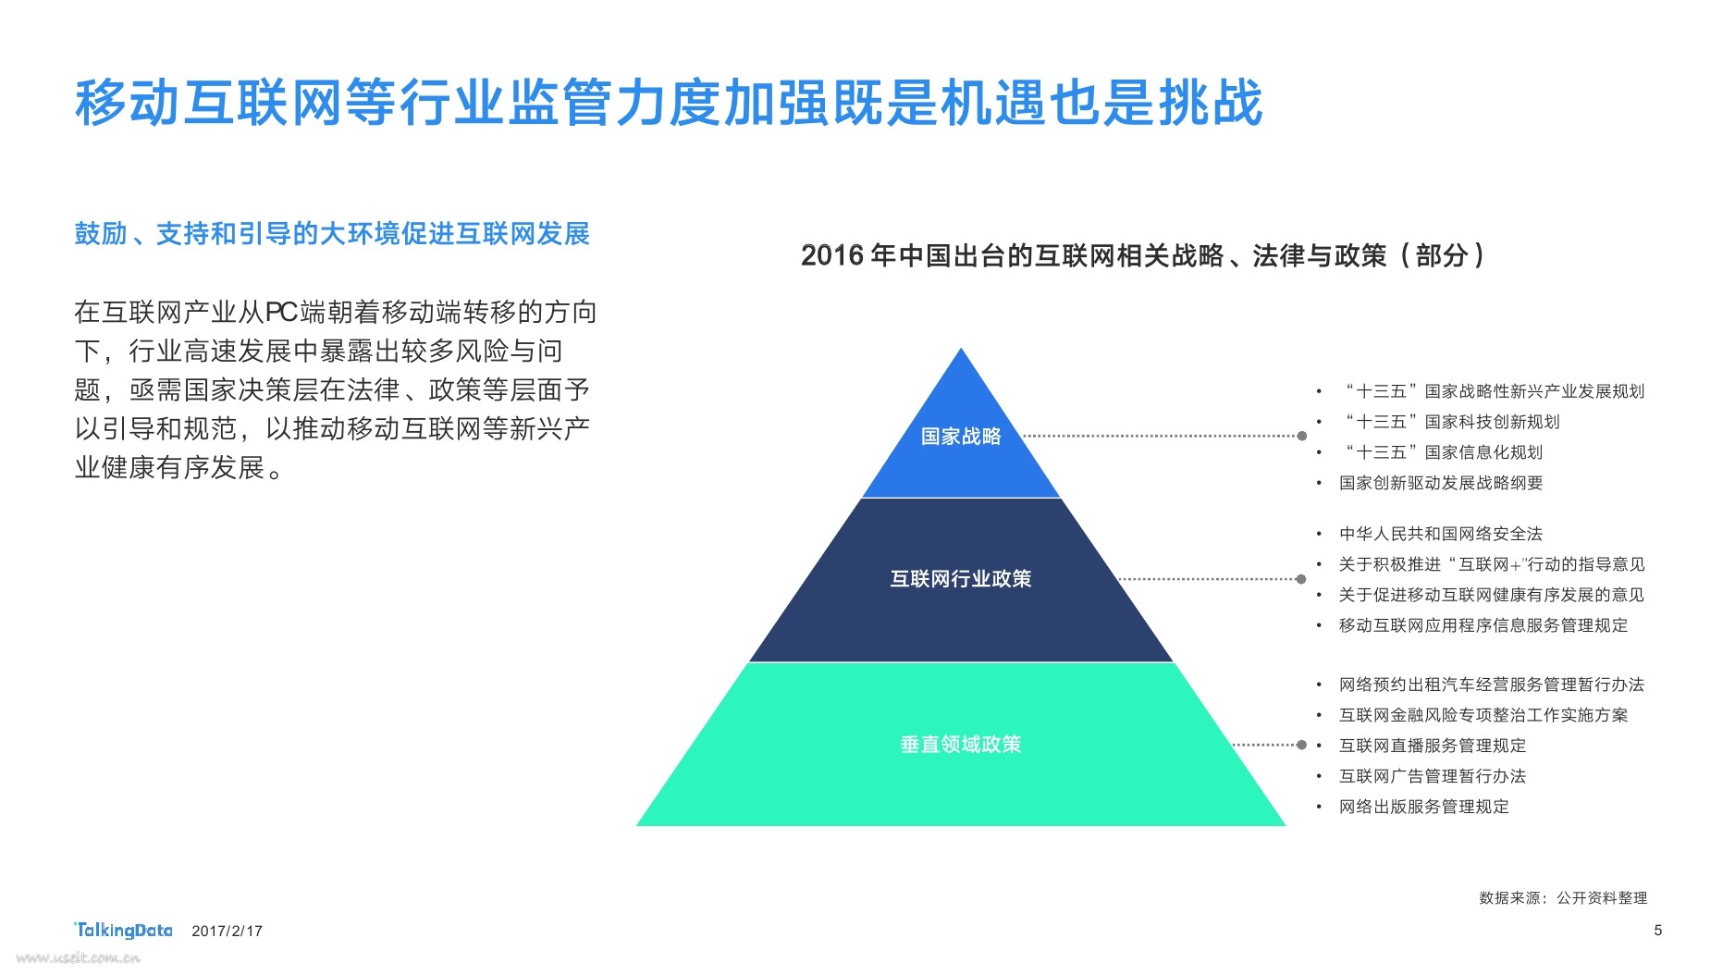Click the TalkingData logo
pos(123,930)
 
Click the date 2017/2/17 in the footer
pos(227,932)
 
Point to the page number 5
pos(1658,930)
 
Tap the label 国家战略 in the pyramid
pos(961,437)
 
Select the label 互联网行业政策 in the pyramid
pos(961,579)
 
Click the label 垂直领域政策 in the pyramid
pos(961,745)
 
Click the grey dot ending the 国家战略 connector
pos(1302,436)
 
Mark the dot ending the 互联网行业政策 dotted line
pos(1301,579)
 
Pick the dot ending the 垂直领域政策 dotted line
pos(1301,745)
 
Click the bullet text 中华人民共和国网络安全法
pos(1440,534)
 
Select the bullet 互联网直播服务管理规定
pos(1432,746)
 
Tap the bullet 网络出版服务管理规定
pos(1423,807)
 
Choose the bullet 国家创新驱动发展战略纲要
pos(1440,483)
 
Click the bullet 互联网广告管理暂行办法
pos(1432,776)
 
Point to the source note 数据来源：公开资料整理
pos(1563,898)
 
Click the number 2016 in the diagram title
pos(832,255)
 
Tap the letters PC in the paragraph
pos(281,313)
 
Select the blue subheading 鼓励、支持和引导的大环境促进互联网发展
pos(332,234)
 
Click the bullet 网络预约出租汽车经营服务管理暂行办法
pos(1491,685)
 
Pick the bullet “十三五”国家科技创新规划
pos(1452,422)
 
